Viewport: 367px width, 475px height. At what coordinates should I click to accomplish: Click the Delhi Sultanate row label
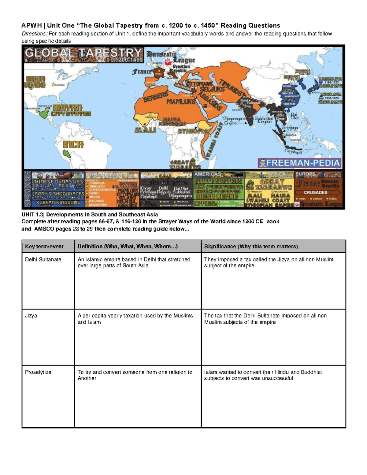tap(43, 259)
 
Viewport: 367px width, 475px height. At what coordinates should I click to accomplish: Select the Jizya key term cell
tap(31, 315)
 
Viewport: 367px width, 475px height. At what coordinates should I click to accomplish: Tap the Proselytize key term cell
tap(38, 372)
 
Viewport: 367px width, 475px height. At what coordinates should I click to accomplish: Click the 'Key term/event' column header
tap(44, 247)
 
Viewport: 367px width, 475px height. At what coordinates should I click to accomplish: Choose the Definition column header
tap(128, 247)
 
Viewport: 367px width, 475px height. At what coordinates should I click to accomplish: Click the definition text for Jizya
tap(135, 319)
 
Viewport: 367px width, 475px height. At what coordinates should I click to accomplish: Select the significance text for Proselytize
tap(263, 375)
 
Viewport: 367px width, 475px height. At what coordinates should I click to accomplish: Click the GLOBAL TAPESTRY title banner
tap(83, 54)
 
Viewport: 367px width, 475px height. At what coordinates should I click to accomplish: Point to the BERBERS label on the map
tap(156, 96)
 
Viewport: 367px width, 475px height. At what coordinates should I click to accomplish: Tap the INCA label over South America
tap(73, 144)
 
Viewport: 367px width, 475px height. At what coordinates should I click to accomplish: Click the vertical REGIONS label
tap(27, 189)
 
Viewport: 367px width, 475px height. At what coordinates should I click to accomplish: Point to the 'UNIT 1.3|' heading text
tap(33, 214)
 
